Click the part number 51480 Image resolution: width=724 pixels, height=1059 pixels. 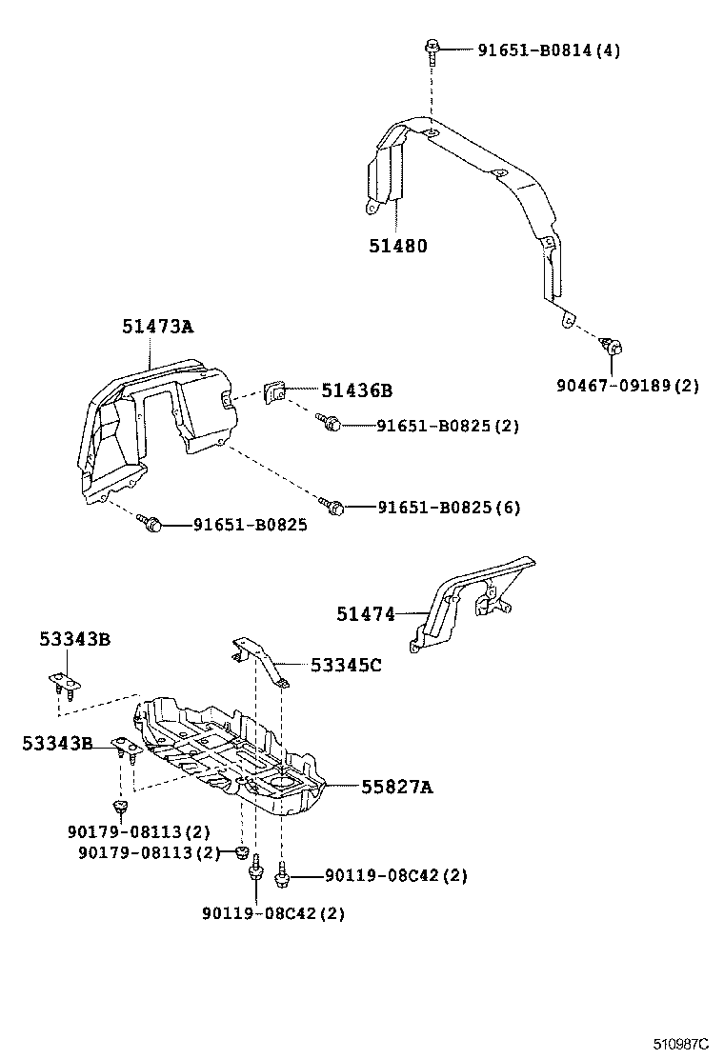click(398, 246)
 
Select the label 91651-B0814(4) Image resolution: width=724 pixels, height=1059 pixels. click(548, 50)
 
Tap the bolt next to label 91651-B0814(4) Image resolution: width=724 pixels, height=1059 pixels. click(432, 48)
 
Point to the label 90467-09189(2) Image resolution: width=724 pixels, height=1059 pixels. click(628, 386)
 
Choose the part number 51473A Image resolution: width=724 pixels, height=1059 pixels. click(157, 327)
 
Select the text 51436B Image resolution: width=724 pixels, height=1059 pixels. click(356, 390)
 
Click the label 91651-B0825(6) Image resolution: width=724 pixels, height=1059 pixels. click(449, 508)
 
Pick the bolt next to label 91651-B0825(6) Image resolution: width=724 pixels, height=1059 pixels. click(332, 505)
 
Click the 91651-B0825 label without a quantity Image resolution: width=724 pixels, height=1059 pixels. click(250, 525)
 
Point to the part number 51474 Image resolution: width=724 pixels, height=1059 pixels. click(365, 614)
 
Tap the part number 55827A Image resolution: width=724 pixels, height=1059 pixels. click(396, 787)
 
